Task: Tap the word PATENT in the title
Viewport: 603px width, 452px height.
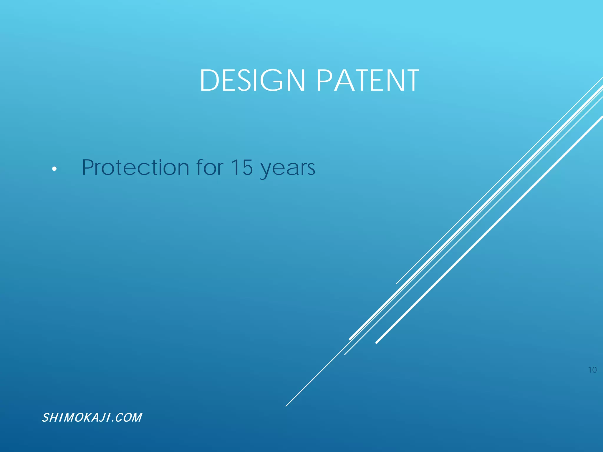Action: pyautogui.click(x=368, y=80)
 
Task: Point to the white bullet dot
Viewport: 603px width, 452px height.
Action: pyautogui.click(x=54, y=169)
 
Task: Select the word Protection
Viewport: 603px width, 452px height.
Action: pyautogui.click(x=135, y=167)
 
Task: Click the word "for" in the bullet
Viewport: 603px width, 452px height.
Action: pyautogui.click(x=210, y=167)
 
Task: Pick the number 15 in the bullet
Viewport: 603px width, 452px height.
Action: pyautogui.click(x=241, y=167)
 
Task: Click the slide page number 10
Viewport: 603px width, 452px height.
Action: pyautogui.click(x=592, y=370)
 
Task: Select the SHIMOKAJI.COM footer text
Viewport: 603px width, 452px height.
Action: pyautogui.click(x=92, y=418)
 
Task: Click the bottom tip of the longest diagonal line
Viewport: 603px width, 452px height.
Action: pyautogui.click(x=286, y=406)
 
